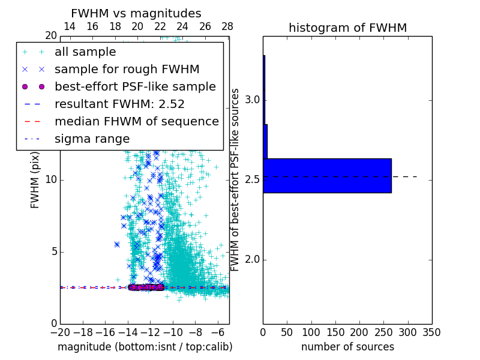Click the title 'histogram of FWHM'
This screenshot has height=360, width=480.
(347, 28)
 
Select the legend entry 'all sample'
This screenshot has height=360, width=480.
(85, 52)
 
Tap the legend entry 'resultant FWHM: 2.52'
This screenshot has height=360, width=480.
(119, 104)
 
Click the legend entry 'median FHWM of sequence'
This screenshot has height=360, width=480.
(137, 121)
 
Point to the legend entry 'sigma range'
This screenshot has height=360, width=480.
(92, 139)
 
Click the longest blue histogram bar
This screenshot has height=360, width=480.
(327, 176)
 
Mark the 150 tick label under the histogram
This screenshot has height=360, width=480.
(335, 332)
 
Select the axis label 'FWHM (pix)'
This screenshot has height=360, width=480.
(35, 179)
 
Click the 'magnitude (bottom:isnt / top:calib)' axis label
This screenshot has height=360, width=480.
(145, 347)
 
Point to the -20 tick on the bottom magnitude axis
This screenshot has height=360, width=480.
(60, 332)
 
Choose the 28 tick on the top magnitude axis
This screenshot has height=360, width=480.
(227, 27)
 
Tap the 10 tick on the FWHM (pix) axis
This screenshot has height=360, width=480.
(50, 179)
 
